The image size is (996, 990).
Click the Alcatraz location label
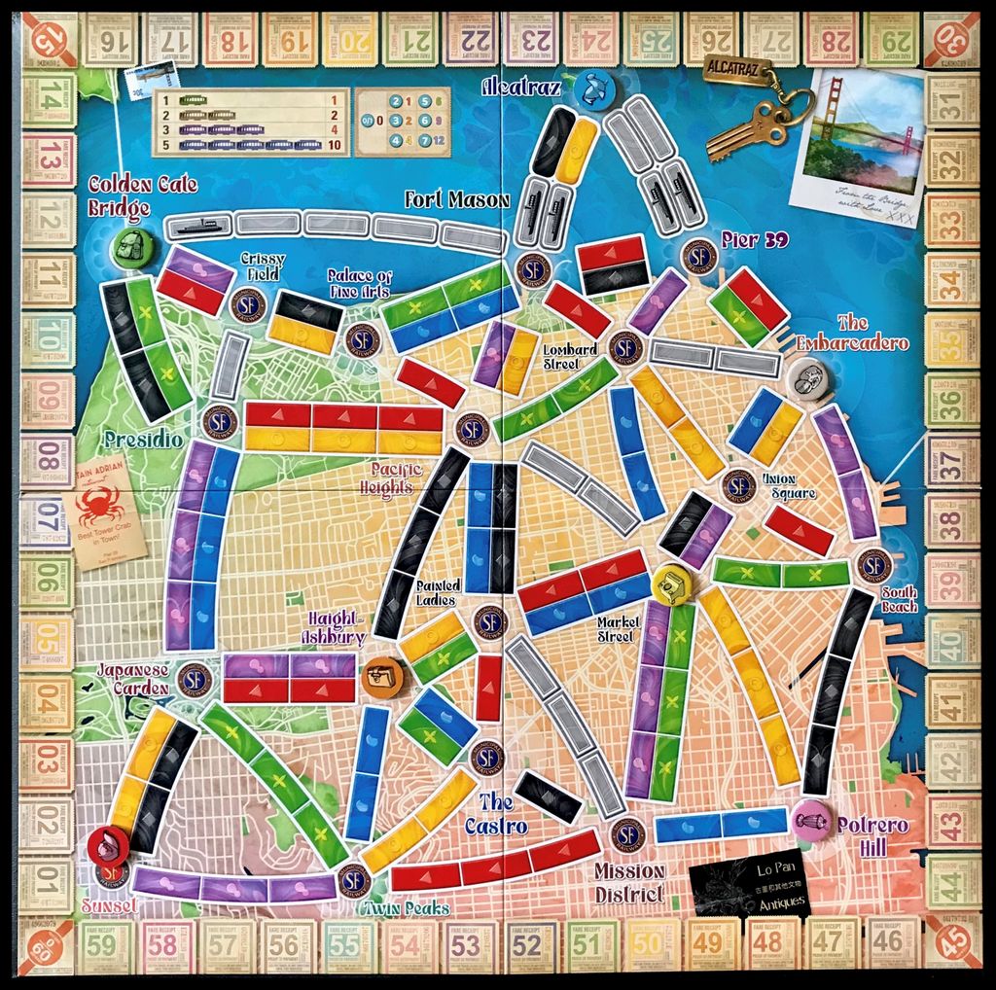point(523,88)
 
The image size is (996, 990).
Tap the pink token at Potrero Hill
point(810,819)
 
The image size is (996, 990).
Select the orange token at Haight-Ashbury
point(381,674)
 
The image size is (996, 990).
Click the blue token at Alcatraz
point(590,88)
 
